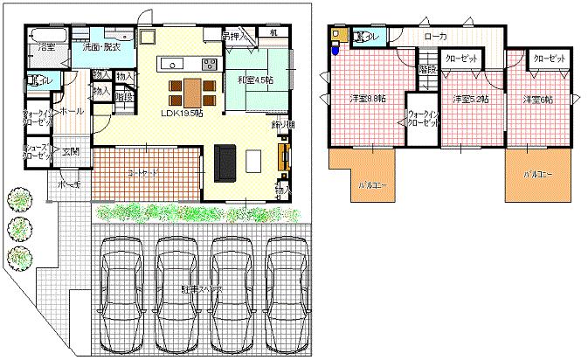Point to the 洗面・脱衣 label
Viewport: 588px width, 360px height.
(102, 46)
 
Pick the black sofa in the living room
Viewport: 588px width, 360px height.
(225, 162)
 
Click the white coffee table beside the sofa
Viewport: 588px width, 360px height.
(253, 162)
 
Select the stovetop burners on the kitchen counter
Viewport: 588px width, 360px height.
(210, 63)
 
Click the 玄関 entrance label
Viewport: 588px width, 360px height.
(70, 151)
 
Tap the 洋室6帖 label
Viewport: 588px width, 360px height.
(536, 100)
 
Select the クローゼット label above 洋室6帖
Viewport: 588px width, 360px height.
(548, 58)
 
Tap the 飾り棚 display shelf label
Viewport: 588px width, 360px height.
(283, 125)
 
